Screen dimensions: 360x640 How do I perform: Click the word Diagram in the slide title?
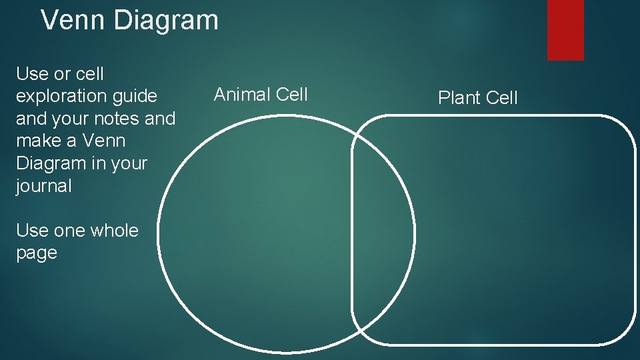(x=166, y=20)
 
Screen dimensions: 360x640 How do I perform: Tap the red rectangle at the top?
(x=565, y=29)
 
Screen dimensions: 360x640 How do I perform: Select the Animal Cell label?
(x=261, y=95)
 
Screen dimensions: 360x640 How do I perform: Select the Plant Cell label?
(x=477, y=98)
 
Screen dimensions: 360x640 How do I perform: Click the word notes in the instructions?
(x=115, y=119)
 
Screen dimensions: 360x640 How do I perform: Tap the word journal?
(x=43, y=186)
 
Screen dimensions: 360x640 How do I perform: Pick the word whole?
(x=114, y=231)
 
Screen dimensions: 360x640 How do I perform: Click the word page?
(x=37, y=253)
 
